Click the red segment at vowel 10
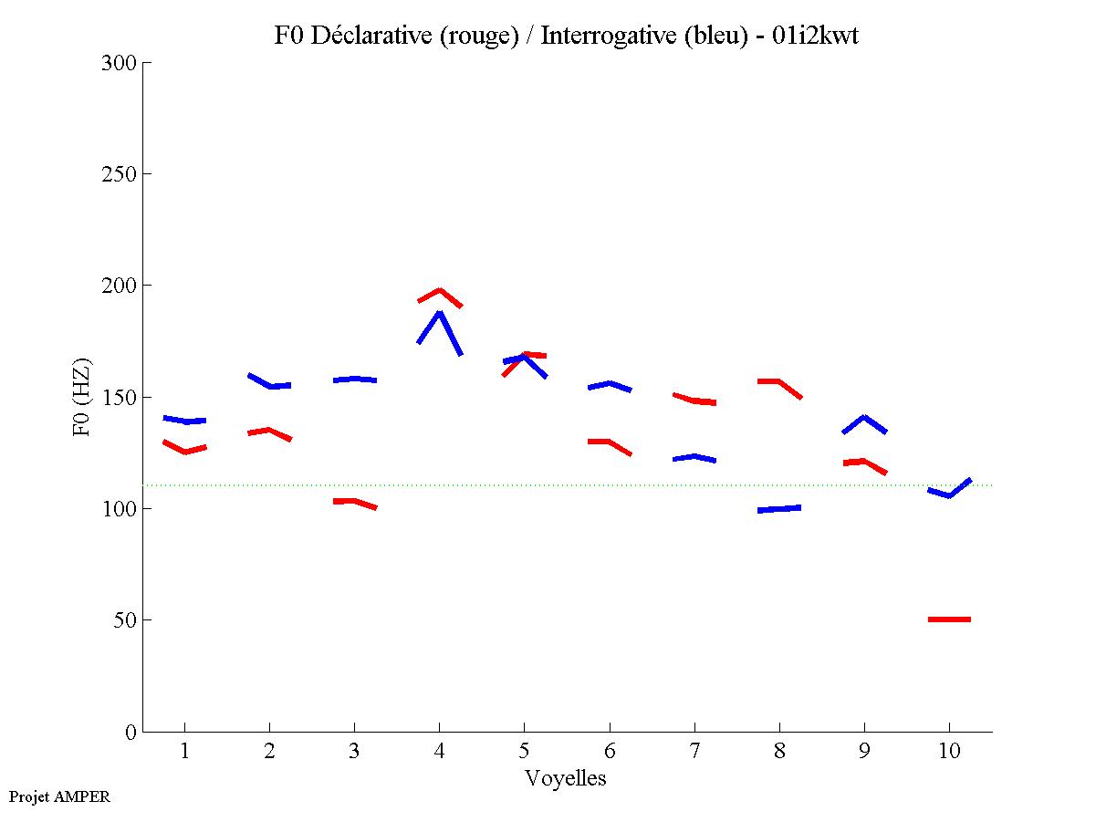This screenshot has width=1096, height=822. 949,619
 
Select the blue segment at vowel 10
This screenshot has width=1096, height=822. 949,494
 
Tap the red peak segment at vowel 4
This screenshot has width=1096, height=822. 440,292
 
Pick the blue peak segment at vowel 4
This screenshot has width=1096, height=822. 440,316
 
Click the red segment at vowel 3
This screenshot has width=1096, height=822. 354,502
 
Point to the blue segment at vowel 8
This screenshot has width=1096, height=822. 779,509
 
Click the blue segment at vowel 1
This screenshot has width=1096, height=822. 185,421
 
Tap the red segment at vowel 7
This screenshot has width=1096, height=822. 694,400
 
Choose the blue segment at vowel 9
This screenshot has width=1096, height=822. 864,419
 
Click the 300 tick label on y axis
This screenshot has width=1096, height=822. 119,63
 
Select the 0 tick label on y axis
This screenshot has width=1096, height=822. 130,732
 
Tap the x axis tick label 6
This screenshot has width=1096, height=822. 610,752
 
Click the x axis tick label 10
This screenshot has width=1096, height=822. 949,752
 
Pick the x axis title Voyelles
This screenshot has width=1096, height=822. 566,778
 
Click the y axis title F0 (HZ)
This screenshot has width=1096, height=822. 82,397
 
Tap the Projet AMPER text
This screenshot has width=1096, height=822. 59,796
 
